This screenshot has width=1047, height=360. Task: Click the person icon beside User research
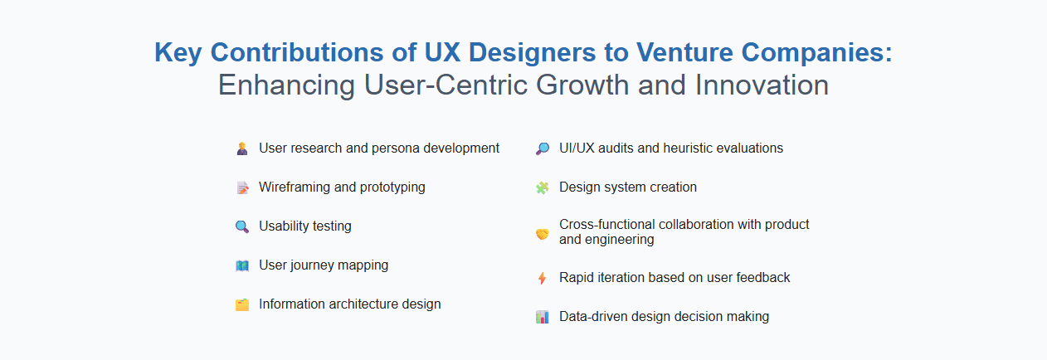point(242,148)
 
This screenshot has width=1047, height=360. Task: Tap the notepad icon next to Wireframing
point(242,187)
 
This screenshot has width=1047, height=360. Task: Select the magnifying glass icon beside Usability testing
point(242,226)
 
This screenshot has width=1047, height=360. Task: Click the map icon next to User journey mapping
point(242,265)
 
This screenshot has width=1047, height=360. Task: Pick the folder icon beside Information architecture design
point(242,304)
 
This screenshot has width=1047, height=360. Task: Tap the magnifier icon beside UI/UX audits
point(543,148)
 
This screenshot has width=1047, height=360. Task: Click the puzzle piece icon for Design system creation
point(543,187)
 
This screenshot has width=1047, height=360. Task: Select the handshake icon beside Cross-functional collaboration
point(543,233)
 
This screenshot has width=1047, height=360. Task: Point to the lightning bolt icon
point(543,278)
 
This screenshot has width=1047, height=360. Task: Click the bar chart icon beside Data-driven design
point(543,317)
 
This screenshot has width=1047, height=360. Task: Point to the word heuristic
point(694,148)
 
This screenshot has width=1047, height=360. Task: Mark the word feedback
point(761,278)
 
